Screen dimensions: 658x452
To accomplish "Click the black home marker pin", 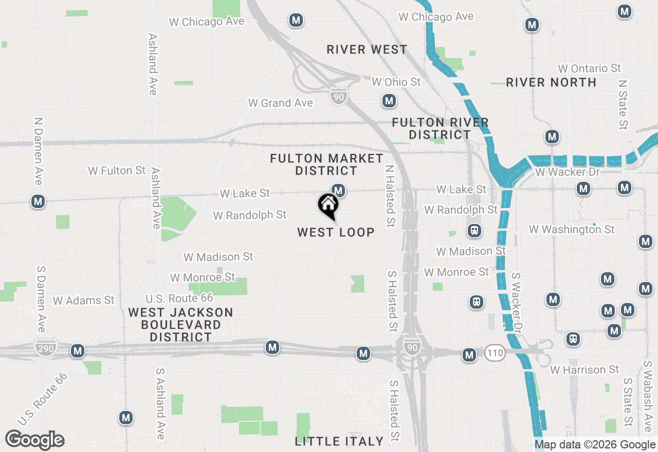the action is tap(328, 206).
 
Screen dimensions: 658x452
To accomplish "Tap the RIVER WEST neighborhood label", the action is tap(367, 50).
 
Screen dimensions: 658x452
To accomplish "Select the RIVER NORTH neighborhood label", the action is tap(551, 82).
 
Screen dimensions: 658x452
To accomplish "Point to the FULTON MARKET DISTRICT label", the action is tap(327, 164).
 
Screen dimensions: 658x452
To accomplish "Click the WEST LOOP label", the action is tap(336, 232).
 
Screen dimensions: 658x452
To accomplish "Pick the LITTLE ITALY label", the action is tap(339, 441).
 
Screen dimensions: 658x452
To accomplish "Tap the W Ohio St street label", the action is tap(396, 82).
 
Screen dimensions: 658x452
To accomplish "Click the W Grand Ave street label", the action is tap(280, 103).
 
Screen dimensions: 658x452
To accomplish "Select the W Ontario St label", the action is tap(589, 68).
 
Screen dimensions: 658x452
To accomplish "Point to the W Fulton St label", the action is tap(117, 171).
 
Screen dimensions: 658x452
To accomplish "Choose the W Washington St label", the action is tap(572, 229).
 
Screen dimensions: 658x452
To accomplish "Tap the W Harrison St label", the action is tap(584, 370).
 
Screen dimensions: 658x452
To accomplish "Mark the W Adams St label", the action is tap(83, 300).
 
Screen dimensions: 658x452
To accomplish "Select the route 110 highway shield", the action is tap(495, 352).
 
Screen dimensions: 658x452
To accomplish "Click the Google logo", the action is tap(34, 440).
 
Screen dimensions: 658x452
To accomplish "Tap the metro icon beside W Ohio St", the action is tap(389, 101).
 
